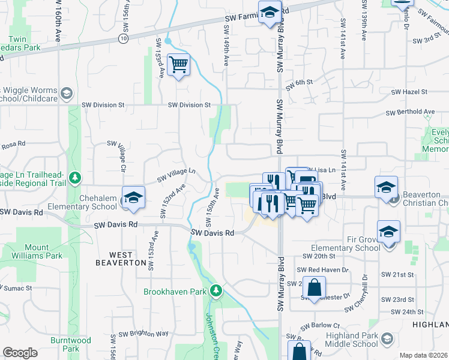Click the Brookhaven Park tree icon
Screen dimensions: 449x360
click(216, 292)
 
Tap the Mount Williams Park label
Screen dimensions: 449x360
click(45, 251)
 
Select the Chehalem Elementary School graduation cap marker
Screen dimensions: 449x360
click(133, 198)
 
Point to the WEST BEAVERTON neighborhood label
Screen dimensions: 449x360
click(121, 263)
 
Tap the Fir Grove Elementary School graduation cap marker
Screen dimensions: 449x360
click(388, 232)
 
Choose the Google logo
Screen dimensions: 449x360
click(20, 353)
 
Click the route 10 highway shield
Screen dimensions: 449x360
click(122, 38)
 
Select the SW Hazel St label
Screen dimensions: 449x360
click(409, 92)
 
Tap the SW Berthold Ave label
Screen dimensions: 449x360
click(410, 112)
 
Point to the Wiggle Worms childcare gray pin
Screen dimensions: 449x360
click(66, 94)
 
